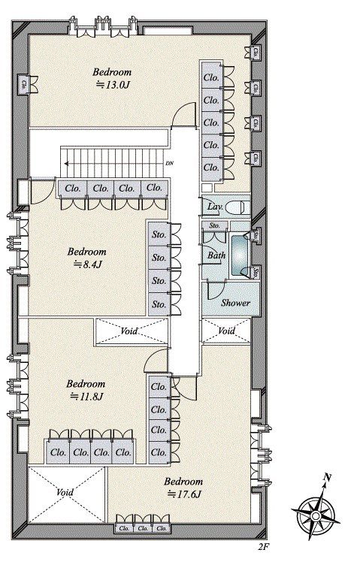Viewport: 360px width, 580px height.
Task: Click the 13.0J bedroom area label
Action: click(x=114, y=85)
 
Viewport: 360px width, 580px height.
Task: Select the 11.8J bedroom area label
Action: click(x=87, y=396)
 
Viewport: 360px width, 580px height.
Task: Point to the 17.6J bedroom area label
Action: click(x=184, y=494)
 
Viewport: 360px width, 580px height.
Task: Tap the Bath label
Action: click(x=216, y=255)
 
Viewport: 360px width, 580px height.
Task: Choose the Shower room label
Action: click(x=235, y=303)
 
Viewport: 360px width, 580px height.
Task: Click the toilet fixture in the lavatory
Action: click(x=237, y=206)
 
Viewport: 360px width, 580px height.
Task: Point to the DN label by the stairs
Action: click(x=168, y=162)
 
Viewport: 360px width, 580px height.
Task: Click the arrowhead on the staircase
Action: click(x=65, y=161)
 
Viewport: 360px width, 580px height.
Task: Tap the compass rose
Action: click(x=316, y=514)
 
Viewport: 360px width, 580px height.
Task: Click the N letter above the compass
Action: click(x=326, y=476)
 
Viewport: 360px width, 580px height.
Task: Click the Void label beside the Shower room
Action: click(x=226, y=331)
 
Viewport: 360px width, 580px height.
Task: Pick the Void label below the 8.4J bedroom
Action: click(x=130, y=331)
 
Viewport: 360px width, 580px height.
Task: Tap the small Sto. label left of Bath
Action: click(x=214, y=225)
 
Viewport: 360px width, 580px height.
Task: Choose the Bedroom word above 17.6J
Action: click(x=183, y=482)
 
